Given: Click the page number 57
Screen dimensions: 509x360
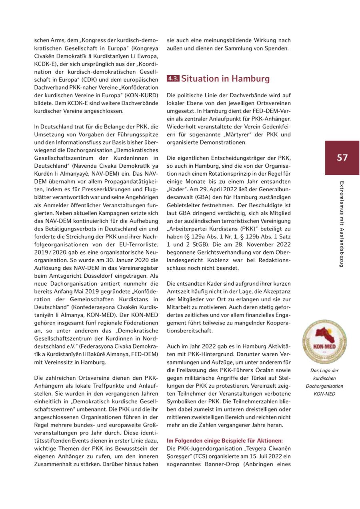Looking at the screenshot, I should click(342, 158).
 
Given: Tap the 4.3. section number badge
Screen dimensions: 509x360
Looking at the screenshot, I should click(173, 79).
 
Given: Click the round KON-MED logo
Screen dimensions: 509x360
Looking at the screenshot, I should click(324, 342).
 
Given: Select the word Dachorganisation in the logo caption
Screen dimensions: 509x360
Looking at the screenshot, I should click(324, 386).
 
